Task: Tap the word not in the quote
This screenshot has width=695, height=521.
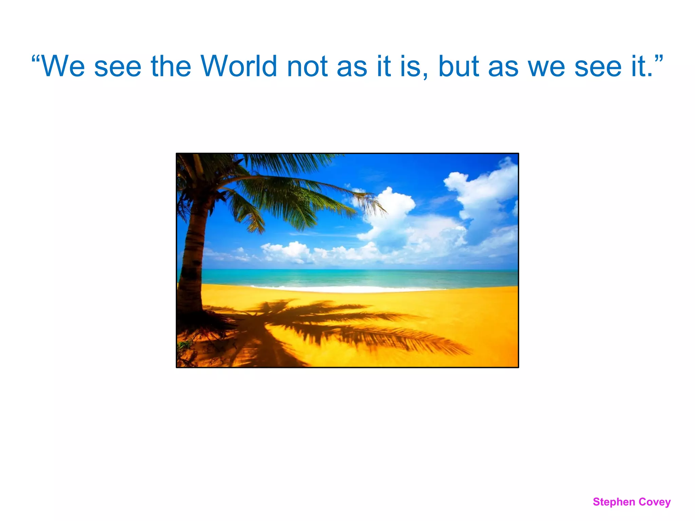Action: (x=307, y=66)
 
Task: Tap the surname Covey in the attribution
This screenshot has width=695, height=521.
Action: (x=655, y=502)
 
